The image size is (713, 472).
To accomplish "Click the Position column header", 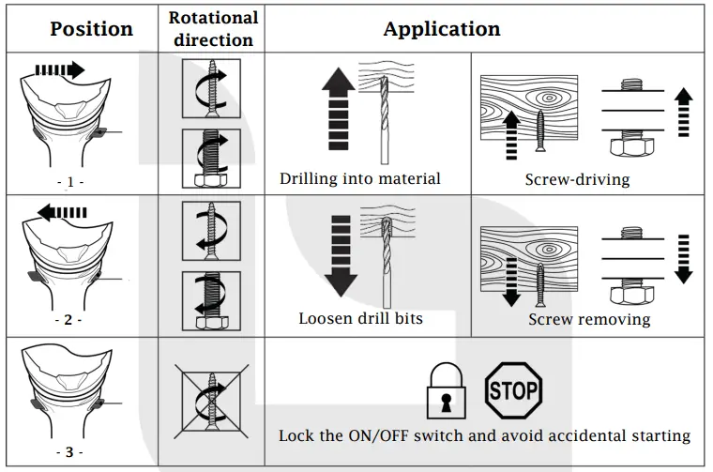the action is (91, 29).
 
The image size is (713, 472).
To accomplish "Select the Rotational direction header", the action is (213, 29).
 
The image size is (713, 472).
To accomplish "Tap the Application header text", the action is (442, 29).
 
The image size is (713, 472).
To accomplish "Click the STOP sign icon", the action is (513, 390).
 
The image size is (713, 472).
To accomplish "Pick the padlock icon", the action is (446, 390).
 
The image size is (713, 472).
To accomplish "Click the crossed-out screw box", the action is (211, 401).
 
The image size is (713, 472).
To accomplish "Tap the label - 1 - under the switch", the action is (70, 182).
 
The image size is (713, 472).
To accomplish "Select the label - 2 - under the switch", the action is (68, 320).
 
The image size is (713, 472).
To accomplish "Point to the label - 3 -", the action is (69, 452).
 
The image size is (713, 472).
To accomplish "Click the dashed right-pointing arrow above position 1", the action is (60, 70).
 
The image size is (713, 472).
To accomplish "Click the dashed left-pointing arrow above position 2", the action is (62, 212).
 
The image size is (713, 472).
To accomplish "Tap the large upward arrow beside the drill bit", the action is (339, 109).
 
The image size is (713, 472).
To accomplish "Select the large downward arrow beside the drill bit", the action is (341, 256).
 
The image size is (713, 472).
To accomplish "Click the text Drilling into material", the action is (359, 178).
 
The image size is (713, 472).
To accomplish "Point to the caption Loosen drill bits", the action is (360, 318).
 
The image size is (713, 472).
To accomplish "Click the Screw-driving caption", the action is (578, 179).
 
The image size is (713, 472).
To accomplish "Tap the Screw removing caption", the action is (589, 319).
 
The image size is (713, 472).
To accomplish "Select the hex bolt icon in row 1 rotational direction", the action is (211, 159).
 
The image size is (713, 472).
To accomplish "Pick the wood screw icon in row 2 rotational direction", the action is (211, 231).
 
